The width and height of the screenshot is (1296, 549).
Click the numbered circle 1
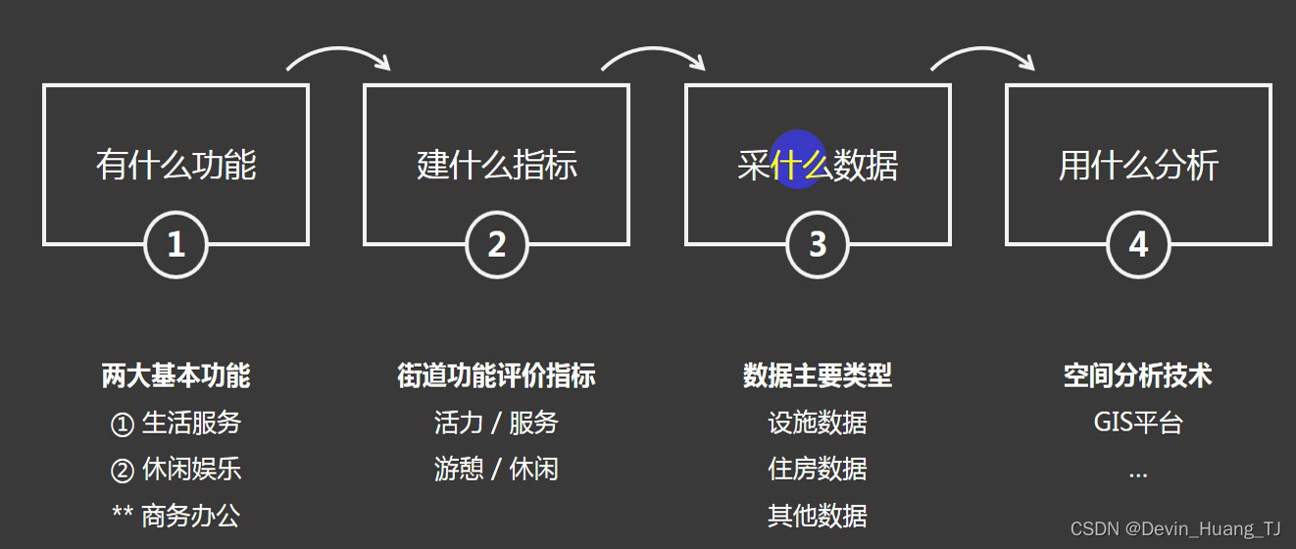coord(176,244)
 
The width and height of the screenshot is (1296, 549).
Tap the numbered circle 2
coord(497,244)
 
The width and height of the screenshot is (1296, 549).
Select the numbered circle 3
coord(818,244)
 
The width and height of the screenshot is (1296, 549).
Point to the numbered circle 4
coord(1138,244)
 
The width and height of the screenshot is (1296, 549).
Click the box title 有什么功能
coord(176,165)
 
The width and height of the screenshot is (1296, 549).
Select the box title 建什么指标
coord(497,165)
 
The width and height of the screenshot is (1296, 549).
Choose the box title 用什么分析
coord(1138,165)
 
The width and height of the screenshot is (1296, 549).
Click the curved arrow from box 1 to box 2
coord(339,55)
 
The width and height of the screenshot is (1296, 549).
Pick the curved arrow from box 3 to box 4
coord(982,55)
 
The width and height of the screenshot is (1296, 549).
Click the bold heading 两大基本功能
coord(176,375)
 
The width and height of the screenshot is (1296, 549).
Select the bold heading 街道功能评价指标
coord(497,375)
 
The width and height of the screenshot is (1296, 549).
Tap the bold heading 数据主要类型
coord(818,375)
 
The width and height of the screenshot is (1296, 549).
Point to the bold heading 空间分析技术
coord(1138,375)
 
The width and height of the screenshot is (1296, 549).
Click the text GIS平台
coord(1138,423)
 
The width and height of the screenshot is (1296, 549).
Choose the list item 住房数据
coord(818,469)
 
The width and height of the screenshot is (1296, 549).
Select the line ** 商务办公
coord(176,516)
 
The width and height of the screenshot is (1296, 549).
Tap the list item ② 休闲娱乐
coord(176,470)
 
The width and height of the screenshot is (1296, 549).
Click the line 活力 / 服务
coord(497,423)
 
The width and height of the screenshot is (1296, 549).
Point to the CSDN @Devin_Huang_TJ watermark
coord(1175,529)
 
